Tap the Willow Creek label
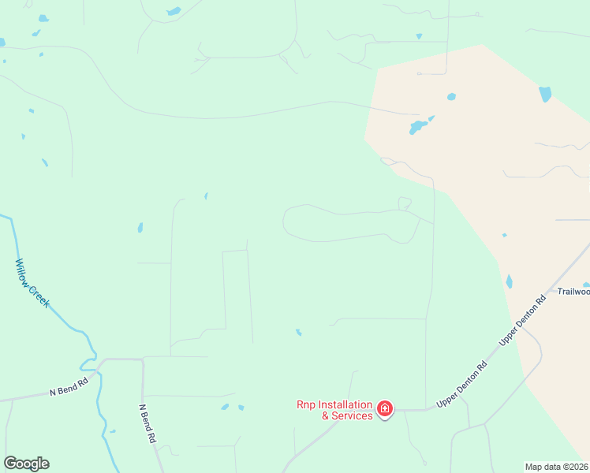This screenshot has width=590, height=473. (x=32, y=284)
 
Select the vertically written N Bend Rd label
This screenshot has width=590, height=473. (x=146, y=424)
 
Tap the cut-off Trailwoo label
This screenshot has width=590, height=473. (x=573, y=292)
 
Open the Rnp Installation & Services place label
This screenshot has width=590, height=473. (x=334, y=410)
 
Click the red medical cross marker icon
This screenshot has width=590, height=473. (x=385, y=408)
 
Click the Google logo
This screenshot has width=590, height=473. (x=26, y=464)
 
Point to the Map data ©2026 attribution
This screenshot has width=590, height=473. (x=557, y=466)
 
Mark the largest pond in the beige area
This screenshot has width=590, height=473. (x=417, y=126)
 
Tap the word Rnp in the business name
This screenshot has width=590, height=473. (x=305, y=404)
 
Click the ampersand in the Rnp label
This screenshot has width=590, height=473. (x=326, y=415)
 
